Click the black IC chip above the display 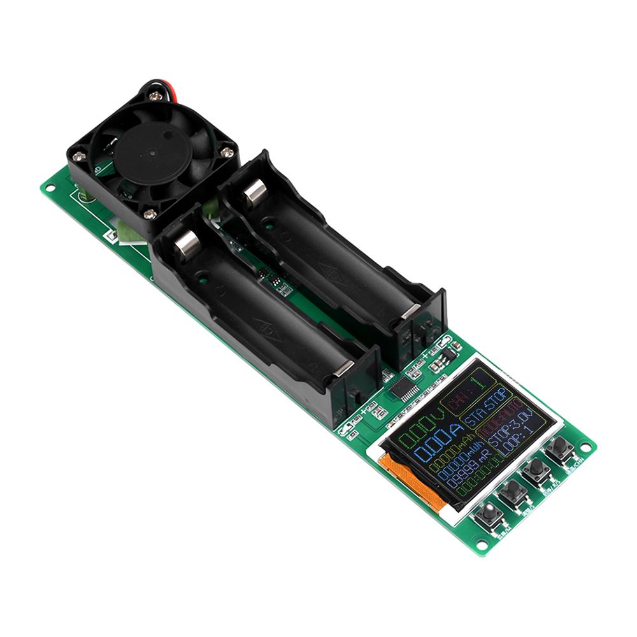(405, 390)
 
